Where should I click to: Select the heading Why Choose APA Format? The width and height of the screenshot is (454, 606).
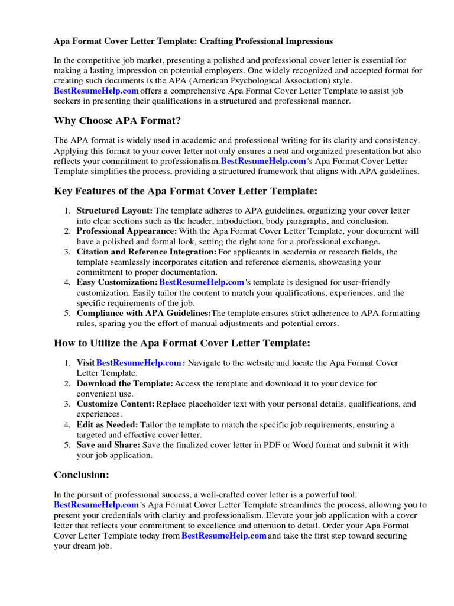pos(117,121)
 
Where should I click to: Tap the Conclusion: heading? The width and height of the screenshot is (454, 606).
pos(82,475)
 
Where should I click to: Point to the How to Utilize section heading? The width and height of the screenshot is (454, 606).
pos(181,343)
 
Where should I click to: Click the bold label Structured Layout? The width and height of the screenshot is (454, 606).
pos(115,211)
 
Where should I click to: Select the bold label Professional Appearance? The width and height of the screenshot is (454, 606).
pos(127,231)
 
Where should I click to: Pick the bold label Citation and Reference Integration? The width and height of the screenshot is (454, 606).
pos(147,252)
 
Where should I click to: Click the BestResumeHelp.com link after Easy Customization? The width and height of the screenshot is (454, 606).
pos(202,283)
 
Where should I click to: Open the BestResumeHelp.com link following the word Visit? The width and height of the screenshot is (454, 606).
pos(138,363)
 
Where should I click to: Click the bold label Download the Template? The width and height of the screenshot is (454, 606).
pos(125,384)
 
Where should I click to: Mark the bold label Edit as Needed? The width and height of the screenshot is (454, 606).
pos(107,425)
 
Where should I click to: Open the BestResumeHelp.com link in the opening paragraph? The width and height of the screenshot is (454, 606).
pos(96,91)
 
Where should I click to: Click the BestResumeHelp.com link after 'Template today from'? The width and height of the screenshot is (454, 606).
pos(223,536)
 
